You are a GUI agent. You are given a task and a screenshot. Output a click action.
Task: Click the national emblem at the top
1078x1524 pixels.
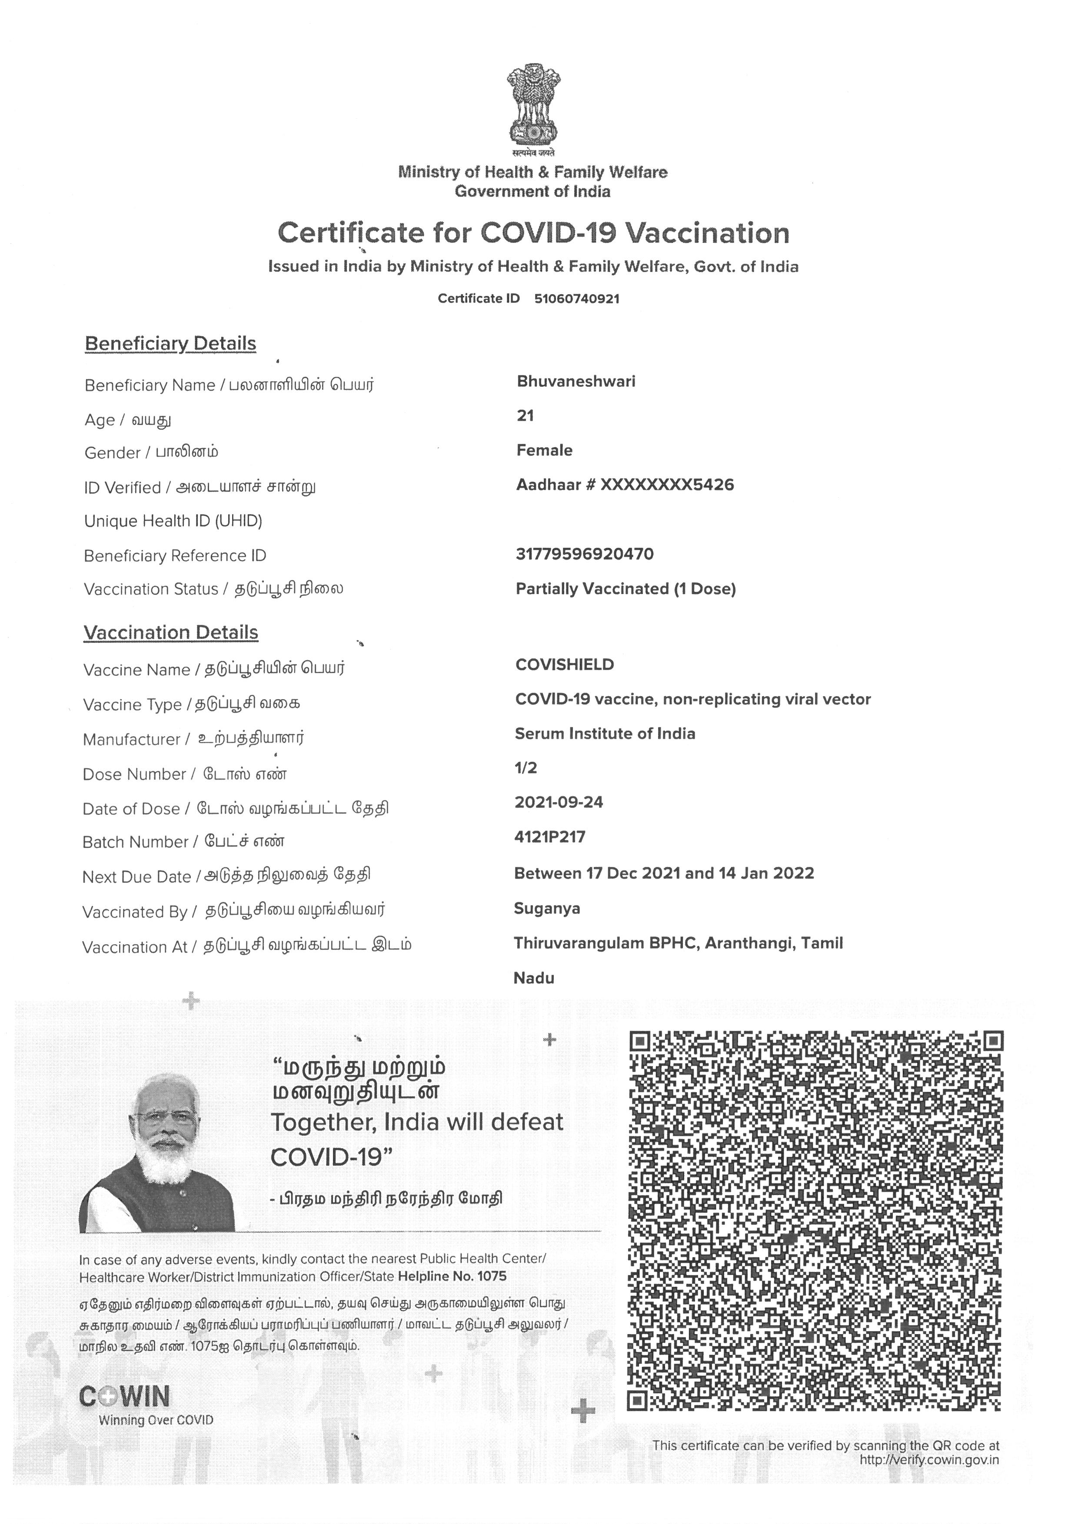click(532, 106)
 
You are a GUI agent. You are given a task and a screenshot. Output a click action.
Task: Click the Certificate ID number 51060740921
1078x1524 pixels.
click(576, 299)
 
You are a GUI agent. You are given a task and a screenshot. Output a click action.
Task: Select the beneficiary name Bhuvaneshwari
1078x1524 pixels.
click(576, 382)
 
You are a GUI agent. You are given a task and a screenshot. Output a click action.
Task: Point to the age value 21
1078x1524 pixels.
click(525, 416)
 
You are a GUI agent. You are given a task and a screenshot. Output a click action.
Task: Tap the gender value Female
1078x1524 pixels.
click(544, 451)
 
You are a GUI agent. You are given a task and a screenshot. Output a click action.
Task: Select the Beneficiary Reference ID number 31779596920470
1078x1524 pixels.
click(584, 554)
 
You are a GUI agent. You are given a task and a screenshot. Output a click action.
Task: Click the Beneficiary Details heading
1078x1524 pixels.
click(170, 344)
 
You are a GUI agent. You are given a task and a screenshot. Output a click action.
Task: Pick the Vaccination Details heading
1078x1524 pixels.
click(170, 633)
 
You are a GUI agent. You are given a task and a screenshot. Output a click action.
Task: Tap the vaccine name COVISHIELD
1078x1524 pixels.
click(564, 665)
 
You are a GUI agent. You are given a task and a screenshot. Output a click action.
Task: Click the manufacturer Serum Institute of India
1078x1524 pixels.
click(605, 734)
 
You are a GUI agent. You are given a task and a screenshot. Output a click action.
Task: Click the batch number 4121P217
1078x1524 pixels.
click(549, 837)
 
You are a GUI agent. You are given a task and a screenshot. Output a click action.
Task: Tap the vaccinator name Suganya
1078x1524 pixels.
click(547, 909)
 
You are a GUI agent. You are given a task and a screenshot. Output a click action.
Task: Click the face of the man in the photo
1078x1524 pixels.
click(166, 1129)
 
